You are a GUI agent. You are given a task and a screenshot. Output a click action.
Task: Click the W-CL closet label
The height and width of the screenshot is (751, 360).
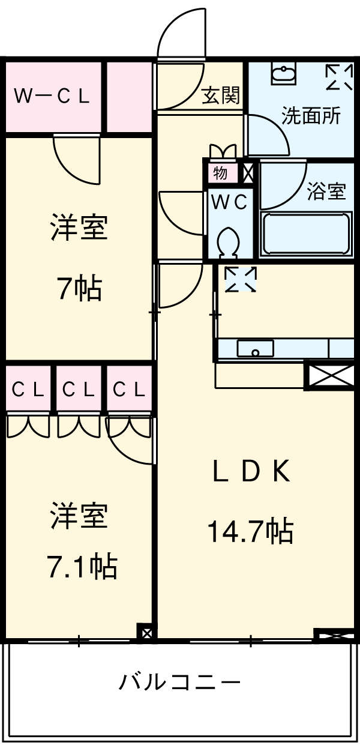click(52, 96)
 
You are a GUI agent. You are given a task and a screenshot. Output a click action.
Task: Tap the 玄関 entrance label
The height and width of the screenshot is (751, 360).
click(220, 95)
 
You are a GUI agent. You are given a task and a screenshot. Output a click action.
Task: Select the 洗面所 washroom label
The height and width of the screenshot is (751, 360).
click(311, 116)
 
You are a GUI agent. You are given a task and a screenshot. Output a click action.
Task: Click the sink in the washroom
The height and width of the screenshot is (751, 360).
click(283, 74)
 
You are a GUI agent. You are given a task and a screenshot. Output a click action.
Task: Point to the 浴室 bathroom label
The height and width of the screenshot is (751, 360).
click(326, 192)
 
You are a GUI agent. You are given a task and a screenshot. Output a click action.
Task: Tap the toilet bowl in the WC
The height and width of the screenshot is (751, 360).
click(229, 242)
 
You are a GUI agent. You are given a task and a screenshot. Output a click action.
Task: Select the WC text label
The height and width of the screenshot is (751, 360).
click(228, 203)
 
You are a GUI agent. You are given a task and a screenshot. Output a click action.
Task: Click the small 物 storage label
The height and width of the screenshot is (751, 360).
click(220, 173)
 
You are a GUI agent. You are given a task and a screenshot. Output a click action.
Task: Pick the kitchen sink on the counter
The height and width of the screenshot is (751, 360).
click(256, 348)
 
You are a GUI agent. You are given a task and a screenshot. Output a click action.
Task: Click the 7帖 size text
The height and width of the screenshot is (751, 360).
click(79, 289)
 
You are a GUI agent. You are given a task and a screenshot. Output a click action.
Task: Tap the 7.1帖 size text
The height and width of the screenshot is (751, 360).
click(82, 566)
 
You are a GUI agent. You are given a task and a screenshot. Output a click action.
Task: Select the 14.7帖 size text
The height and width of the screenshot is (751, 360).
click(250, 531)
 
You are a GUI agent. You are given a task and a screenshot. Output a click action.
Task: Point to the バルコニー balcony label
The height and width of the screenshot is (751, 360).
click(179, 682)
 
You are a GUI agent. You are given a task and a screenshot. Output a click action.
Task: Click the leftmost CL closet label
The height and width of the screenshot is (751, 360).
click(28, 390)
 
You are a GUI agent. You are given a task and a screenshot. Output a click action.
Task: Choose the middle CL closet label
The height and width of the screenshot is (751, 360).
click(79, 390)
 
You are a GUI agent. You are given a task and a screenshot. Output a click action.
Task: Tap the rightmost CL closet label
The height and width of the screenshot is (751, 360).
click(130, 390)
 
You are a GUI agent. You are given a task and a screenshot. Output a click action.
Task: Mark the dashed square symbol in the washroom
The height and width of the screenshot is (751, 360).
click(340, 77)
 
